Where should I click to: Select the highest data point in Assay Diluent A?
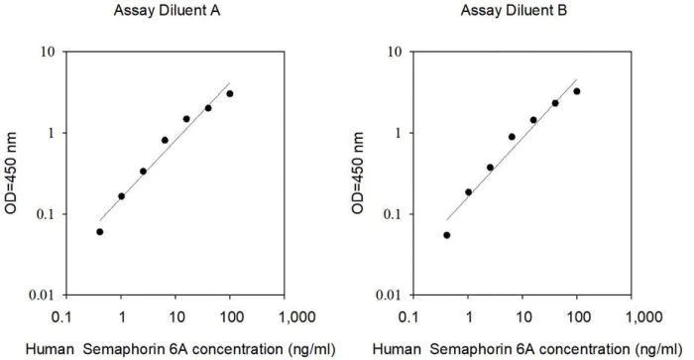pos(230,94)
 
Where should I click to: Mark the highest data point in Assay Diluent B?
pos(577,91)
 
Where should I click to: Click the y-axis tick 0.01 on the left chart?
pos(41,296)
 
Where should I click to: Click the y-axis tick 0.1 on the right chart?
pos(391,214)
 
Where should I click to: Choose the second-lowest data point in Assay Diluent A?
pos(122,196)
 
